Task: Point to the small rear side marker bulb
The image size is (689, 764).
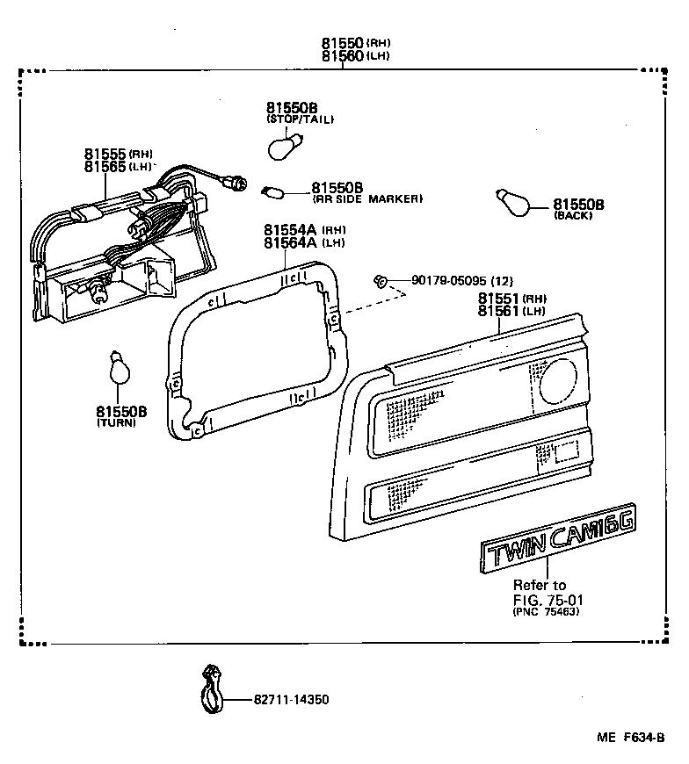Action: pos(271,187)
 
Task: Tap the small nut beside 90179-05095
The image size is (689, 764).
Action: pos(380,281)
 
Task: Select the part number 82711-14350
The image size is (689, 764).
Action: pos(290,700)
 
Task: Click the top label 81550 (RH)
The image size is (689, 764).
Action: pos(344,42)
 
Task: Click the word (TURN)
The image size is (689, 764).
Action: pos(117,423)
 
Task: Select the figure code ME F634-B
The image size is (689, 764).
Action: pos(633,739)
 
